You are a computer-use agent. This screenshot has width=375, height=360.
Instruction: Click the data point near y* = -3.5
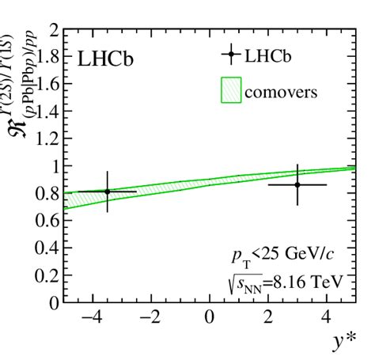tap(108, 191)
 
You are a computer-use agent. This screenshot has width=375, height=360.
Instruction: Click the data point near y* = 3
tap(297, 184)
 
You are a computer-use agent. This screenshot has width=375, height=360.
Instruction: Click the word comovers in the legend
tap(286, 92)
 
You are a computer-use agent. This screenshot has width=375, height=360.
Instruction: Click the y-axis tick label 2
tap(53, 32)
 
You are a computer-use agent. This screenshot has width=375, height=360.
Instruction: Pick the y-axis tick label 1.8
tap(47, 59)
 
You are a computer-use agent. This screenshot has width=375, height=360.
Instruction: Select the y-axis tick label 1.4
tap(47, 112)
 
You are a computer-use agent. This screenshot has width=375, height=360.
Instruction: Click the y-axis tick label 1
tap(53, 167)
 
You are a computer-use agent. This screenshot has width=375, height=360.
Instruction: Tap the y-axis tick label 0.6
tap(47, 221)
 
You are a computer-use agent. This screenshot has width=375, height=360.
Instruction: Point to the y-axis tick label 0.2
tap(47, 275)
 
